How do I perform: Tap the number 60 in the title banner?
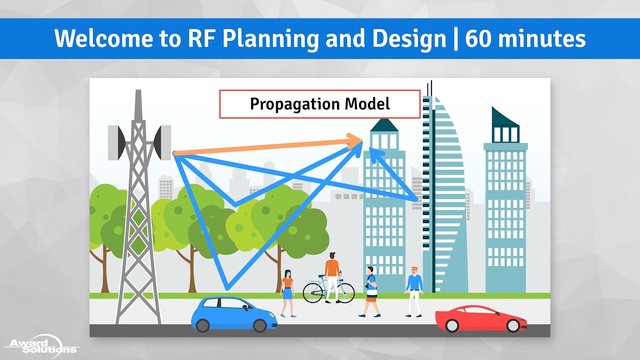478,39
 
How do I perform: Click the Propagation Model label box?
320,104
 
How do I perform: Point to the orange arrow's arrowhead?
354,141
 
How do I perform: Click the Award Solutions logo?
42,346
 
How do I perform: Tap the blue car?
234,314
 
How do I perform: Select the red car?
481,318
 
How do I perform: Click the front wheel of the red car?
513,325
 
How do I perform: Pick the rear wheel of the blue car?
202,325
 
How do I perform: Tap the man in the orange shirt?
332,277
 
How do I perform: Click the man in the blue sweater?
414,291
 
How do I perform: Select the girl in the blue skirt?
288,293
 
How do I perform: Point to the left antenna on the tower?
117,142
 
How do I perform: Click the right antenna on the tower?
162,142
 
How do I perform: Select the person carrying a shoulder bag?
371,291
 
